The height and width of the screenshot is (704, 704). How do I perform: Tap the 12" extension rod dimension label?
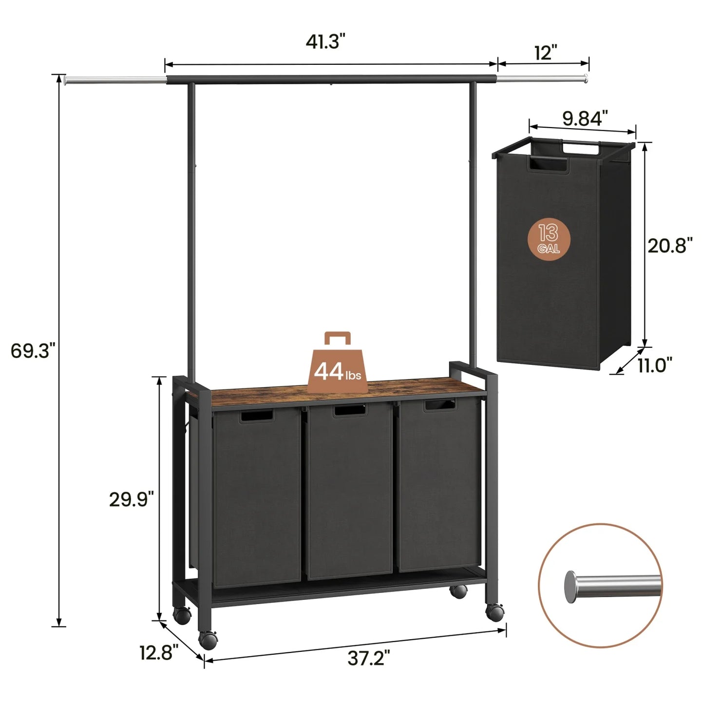click(x=545, y=52)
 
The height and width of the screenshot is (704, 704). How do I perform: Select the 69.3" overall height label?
click(x=30, y=350)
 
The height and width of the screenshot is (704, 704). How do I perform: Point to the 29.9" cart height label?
click(x=131, y=499)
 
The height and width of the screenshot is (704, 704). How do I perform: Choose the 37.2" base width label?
click(x=369, y=659)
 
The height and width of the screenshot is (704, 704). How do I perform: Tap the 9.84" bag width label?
click(x=585, y=118)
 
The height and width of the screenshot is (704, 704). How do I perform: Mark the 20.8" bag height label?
click(x=670, y=246)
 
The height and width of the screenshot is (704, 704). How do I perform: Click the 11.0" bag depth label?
click(x=655, y=364)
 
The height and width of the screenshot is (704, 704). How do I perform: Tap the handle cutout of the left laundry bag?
click(x=256, y=416)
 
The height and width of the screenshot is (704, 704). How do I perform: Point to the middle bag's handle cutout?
click(x=349, y=410)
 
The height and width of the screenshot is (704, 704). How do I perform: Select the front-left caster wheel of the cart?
click(x=208, y=639)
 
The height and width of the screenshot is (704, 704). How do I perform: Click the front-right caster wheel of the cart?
click(x=495, y=612)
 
